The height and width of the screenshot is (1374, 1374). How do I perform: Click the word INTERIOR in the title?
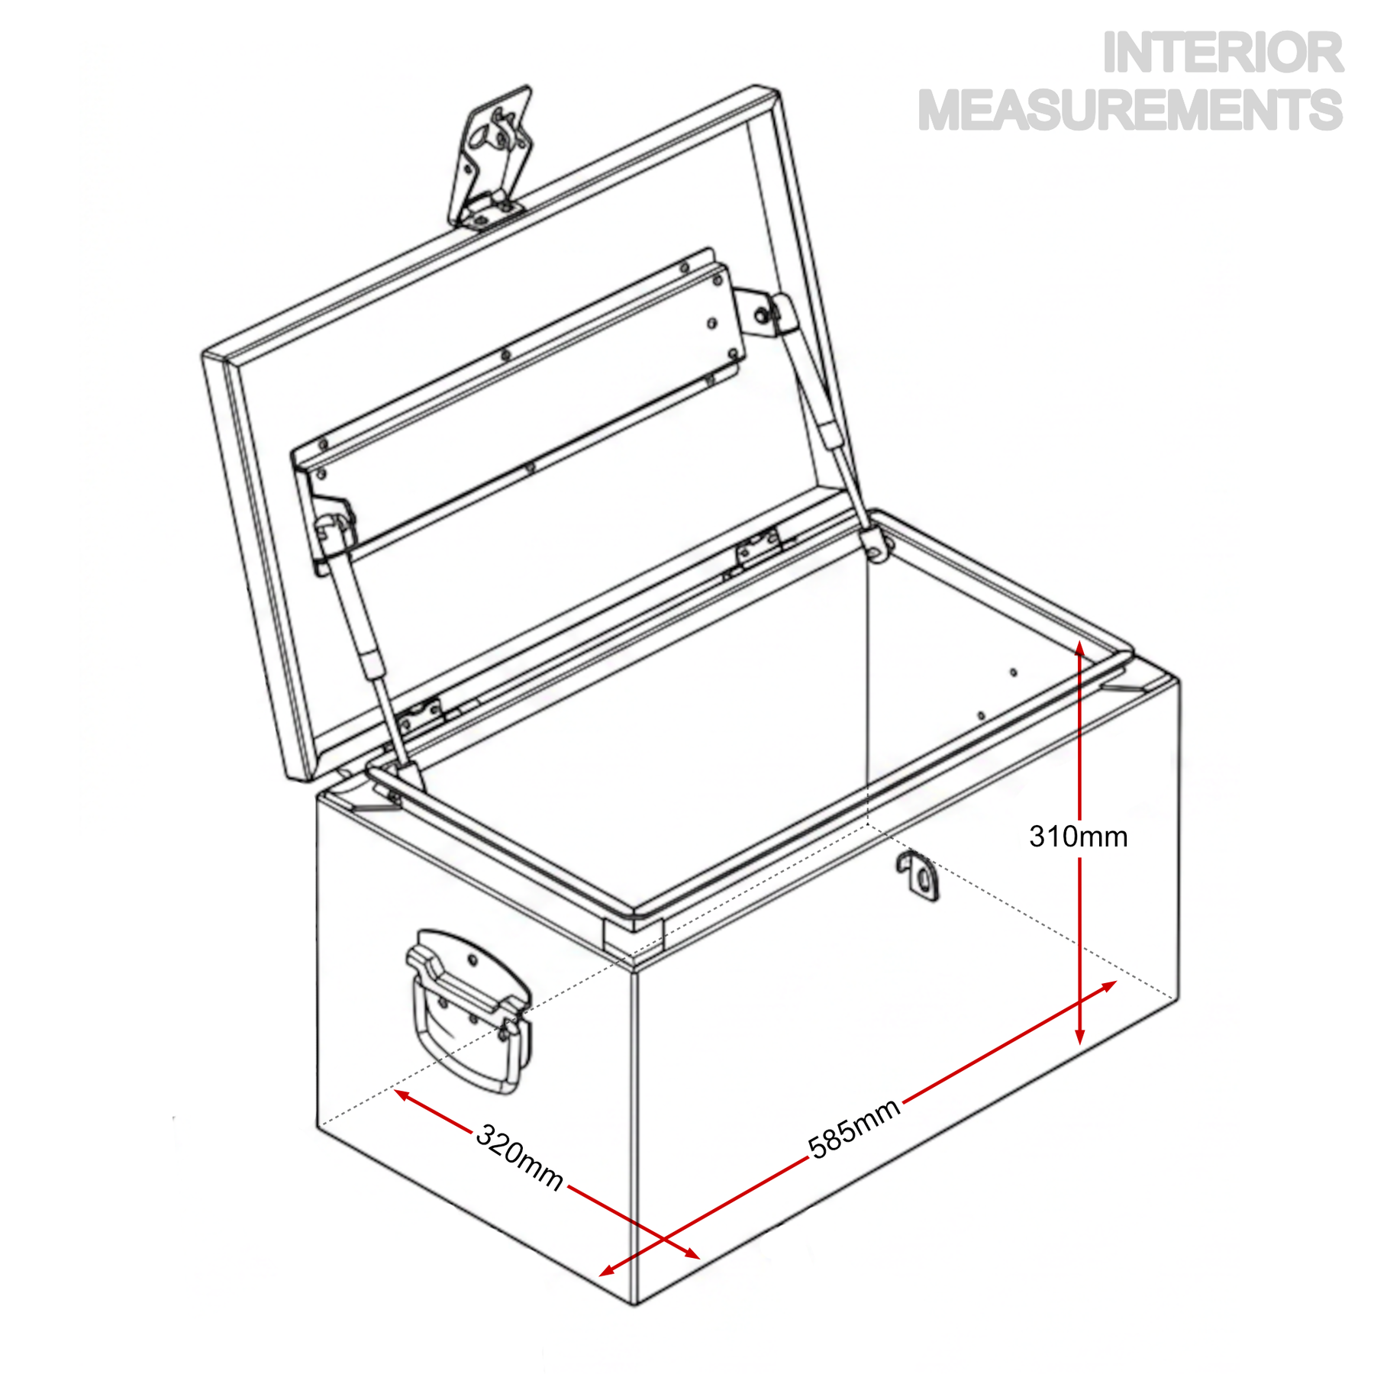coord(1222,53)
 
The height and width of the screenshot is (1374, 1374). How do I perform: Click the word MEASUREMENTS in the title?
coord(1130,110)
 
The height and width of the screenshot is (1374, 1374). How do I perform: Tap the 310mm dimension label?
coord(1079,837)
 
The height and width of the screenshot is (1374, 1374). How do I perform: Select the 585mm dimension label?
coord(854,1129)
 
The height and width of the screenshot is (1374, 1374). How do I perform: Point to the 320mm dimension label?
coord(520,1157)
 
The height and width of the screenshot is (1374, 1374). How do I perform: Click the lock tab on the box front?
coord(918,875)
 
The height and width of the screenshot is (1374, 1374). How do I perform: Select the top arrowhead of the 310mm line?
coord(1079,650)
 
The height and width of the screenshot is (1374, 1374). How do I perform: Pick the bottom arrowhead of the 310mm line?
coord(1079,1036)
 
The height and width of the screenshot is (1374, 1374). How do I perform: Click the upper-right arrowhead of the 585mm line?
coord(1108,987)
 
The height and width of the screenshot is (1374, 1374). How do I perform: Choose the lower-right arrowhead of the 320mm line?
coord(690,1253)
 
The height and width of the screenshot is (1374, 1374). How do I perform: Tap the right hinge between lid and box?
coord(759,549)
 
